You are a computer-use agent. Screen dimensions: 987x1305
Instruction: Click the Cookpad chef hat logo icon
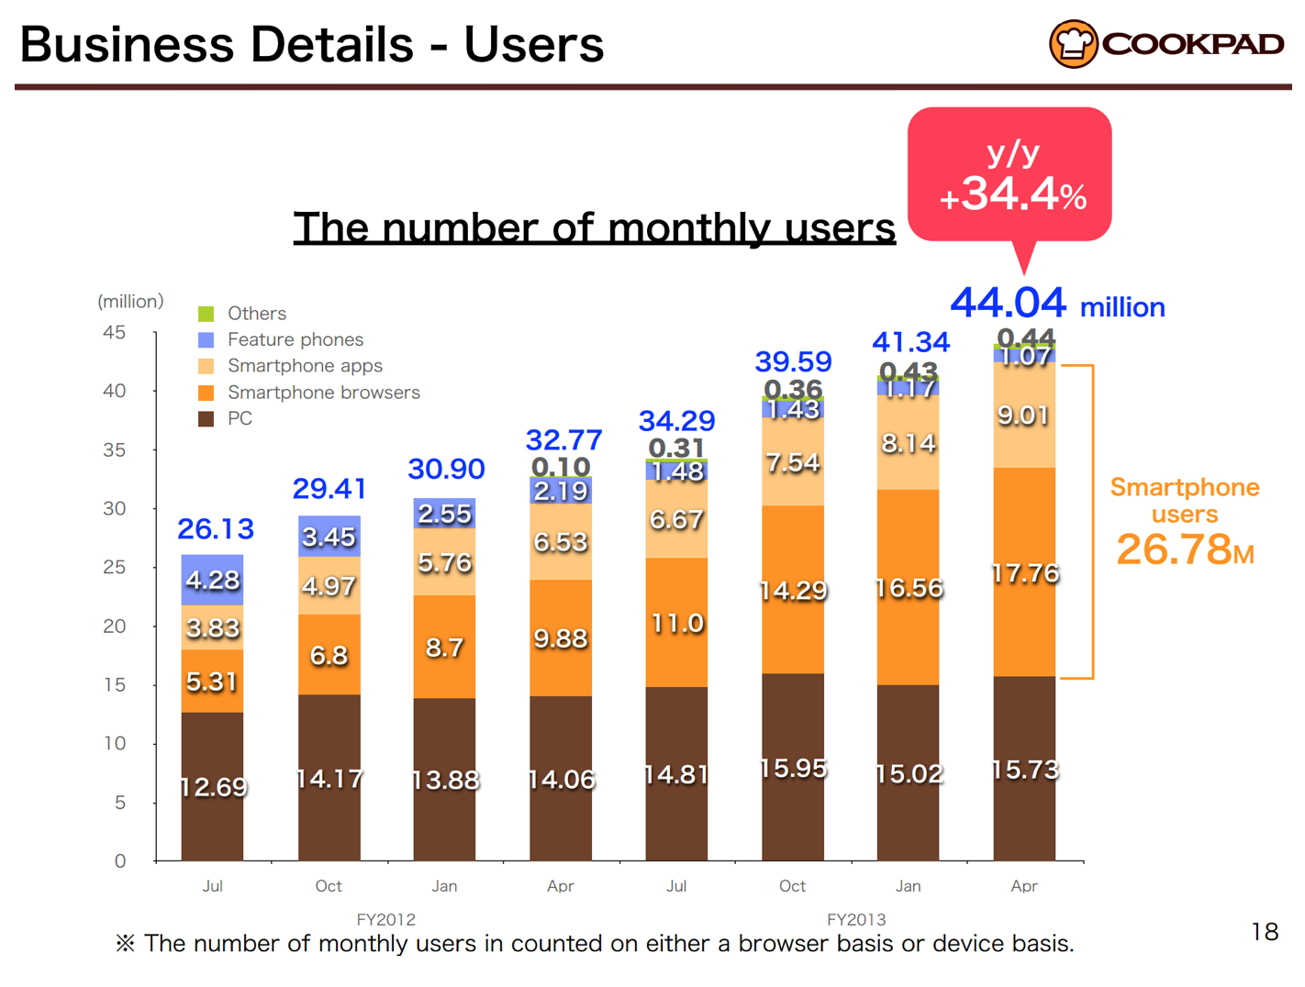(1073, 43)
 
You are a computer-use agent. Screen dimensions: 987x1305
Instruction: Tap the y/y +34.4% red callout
(1009, 174)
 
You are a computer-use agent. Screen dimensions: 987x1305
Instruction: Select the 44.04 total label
(1008, 303)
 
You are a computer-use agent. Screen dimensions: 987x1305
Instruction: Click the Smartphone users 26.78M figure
(1184, 549)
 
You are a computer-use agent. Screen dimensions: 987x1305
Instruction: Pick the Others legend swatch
(206, 314)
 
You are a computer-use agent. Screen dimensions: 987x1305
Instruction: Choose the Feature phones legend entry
(294, 339)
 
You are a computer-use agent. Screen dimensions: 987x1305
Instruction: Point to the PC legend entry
(239, 418)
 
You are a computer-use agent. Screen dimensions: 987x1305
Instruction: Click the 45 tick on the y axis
(115, 332)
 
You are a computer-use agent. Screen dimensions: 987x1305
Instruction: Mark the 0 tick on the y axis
(120, 860)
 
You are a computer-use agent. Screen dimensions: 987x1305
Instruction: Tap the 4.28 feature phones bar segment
(212, 580)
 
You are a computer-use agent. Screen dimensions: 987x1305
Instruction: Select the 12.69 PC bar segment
(212, 786)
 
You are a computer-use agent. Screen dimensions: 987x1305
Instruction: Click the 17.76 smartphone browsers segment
(1024, 573)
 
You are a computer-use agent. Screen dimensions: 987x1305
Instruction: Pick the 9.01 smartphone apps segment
(1024, 416)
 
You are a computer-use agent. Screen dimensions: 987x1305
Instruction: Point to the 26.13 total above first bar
(216, 528)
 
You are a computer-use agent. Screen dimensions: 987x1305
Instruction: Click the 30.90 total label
(446, 469)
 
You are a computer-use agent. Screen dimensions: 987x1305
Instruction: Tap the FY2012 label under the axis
(385, 919)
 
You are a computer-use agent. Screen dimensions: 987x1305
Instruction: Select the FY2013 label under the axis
(855, 919)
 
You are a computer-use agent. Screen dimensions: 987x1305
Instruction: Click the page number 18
(1264, 932)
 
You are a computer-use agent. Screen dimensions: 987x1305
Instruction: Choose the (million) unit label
(130, 301)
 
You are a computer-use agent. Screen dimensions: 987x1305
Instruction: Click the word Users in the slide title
(533, 44)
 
